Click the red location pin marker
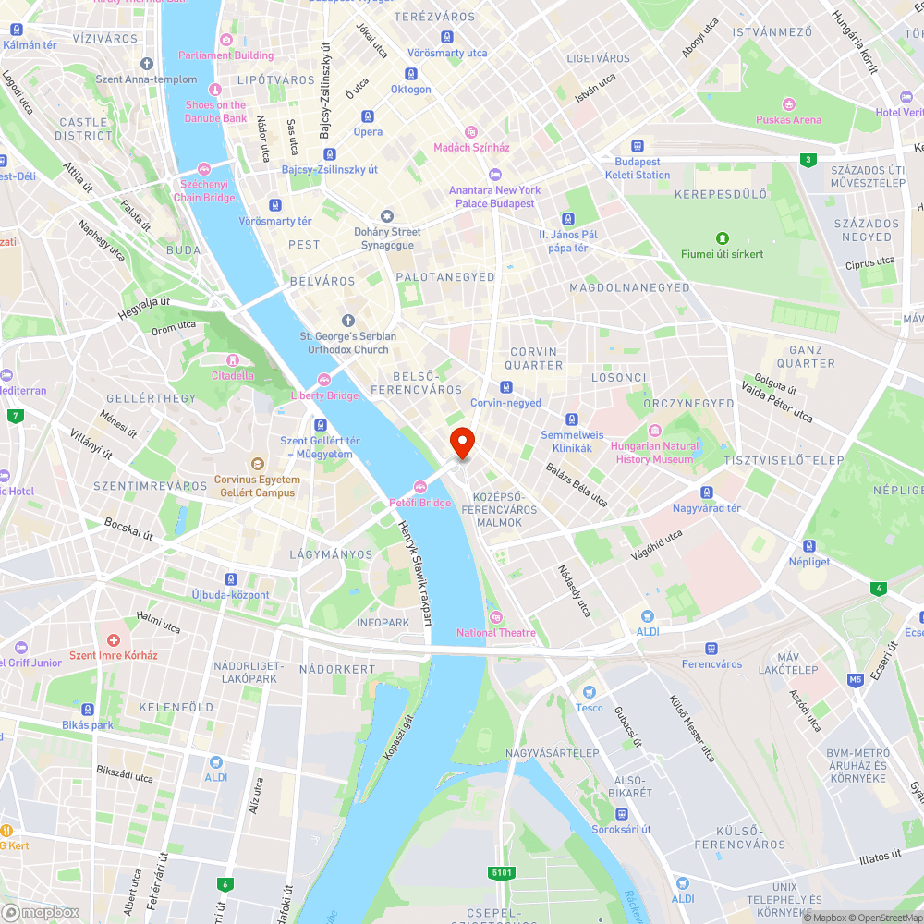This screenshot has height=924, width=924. click(x=461, y=443)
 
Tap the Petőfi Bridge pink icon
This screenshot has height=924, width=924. click(x=420, y=487)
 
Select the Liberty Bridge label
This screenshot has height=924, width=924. click(x=324, y=395)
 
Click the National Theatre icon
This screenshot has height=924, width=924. click(x=495, y=617)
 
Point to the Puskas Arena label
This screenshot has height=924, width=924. click(x=788, y=119)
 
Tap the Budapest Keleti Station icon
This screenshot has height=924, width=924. click(x=637, y=146)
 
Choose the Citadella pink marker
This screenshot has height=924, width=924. click(x=232, y=359)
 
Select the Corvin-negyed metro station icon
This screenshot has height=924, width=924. click(x=505, y=387)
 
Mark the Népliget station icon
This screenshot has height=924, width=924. click(x=808, y=546)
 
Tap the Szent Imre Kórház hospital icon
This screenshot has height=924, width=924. click(x=114, y=639)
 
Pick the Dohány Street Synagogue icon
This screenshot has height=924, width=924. click(x=387, y=216)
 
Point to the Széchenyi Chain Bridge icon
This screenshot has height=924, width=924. click(x=204, y=169)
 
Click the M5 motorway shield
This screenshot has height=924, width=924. click(x=855, y=680)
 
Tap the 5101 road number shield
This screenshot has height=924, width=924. click(x=502, y=872)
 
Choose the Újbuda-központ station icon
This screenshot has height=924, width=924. click(x=230, y=579)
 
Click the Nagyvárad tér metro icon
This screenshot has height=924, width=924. click(x=707, y=492)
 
